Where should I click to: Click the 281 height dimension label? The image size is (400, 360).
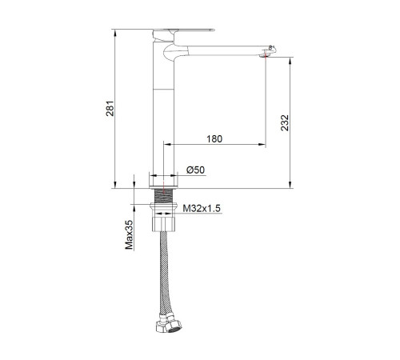click(x=110, y=109)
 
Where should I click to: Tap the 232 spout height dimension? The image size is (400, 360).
click(x=285, y=122)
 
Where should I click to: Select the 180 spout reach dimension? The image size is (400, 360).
click(x=214, y=139)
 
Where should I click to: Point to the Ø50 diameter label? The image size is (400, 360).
click(x=196, y=170)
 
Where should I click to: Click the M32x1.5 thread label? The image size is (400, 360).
click(x=202, y=208)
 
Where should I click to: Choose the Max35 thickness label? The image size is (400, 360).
click(x=129, y=234)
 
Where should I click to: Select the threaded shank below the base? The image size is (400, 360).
click(x=163, y=196)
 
